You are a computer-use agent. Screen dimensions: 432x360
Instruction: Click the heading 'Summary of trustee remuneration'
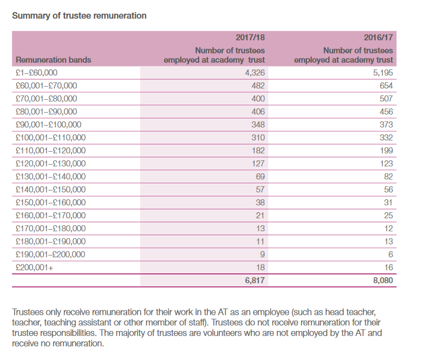coord(79,16)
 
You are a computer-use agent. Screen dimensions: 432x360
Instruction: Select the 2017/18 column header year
coord(250,38)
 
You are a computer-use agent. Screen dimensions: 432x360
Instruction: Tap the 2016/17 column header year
coord(379,38)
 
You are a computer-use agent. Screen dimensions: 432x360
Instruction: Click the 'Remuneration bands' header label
coord(53,60)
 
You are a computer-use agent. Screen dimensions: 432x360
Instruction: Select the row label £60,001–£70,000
coord(46,86)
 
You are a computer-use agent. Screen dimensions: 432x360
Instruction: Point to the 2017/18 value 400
coord(258,99)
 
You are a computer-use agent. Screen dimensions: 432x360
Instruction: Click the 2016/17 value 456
coord(386,112)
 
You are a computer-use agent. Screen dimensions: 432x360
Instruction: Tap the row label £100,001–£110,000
coord(51,137)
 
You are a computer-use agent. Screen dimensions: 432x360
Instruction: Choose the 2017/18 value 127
coord(258,164)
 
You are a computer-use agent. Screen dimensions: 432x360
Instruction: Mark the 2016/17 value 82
coord(388,177)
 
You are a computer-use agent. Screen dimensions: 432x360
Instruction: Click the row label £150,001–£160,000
coord(51,202)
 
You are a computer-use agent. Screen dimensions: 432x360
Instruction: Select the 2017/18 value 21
coord(260,215)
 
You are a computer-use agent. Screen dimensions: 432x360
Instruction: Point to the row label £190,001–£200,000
coord(50,254)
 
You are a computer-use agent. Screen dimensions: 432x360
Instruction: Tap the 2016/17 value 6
coord(391,254)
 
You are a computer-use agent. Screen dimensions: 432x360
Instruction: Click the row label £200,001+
coord(34,267)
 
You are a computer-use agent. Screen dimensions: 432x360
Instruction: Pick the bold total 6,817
coord(255,280)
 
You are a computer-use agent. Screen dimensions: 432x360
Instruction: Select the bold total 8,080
coord(383,280)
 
